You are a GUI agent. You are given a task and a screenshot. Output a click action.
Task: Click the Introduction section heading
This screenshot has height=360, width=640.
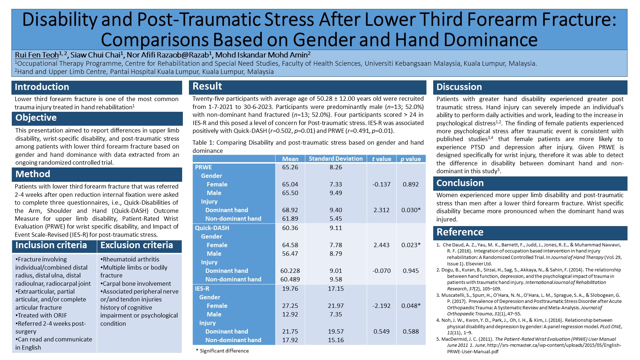pyautogui.click(x=42, y=87)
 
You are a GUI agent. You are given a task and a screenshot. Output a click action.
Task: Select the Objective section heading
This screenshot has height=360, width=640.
pyautogui.click(x=36, y=118)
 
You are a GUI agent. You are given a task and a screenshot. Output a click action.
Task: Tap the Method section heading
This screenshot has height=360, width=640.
pyautogui.click(x=33, y=174)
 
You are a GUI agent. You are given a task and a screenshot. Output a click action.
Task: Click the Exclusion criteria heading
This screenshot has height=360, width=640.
pyautogui.click(x=136, y=245)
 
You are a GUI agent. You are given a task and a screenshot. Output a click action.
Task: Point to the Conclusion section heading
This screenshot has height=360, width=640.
pyautogui.click(x=460, y=183)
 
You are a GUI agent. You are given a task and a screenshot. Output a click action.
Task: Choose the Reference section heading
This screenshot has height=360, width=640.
pyautogui.click(x=460, y=232)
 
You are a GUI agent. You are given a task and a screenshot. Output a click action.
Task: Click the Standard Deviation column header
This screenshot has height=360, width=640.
pyautogui.click(x=335, y=159)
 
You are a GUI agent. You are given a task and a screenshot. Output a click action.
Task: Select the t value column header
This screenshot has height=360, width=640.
pyautogui.click(x=381, y=159)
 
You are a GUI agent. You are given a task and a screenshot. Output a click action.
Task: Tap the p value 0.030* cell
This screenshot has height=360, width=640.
pyautogui.click(x=411, y=210)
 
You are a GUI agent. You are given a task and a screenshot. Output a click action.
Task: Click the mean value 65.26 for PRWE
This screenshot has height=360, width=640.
pyautogui.click(x=290, y=167)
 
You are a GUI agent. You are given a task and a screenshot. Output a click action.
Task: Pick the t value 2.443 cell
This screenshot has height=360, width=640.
pyautogui.click(x=381, y=245)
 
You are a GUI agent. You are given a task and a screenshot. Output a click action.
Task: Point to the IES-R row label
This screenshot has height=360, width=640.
pyautogui.click(x=202, y=289)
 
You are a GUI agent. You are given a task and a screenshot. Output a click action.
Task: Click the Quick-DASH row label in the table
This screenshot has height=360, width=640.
pyautogui.click(x=212, y=228)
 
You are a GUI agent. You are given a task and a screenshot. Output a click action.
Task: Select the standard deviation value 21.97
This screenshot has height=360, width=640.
pyautogui.click(x=336, y=306)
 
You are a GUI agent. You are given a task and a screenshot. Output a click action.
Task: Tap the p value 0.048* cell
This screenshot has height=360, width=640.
pyautogui.click(x=411, y=306)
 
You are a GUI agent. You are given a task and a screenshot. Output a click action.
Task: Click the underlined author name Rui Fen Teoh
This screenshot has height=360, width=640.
pyautogui.click(x=37, y=55)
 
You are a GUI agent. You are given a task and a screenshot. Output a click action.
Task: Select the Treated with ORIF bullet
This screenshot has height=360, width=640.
pyautogui.click(x=42, y=315)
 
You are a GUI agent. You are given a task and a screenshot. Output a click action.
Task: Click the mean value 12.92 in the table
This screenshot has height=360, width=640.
pyautogui.click(x=290, y=314)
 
